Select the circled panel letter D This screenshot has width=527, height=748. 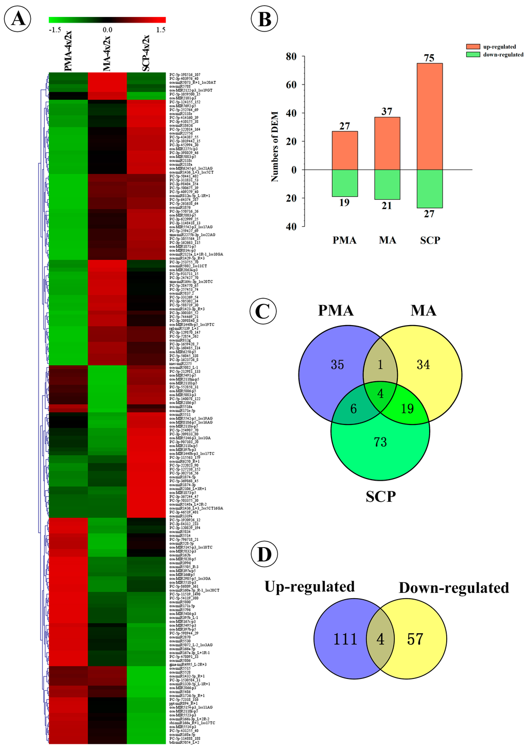click(264, 555)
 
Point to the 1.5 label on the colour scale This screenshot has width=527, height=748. click(161, 30)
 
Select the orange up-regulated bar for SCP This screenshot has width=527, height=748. click(430, 116)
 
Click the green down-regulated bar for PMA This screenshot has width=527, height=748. click(344, 183)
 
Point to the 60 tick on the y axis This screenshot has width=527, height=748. click(291, 85)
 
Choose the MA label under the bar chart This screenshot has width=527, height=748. click(388, 240)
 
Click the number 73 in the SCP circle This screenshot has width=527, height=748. click(380, 441)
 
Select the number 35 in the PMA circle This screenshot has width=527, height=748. click(338, 365)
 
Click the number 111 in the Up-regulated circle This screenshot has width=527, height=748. click(345, 639)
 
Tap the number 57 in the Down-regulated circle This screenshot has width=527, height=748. click(415, 639)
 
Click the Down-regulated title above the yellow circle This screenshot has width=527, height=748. click(454, 588)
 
